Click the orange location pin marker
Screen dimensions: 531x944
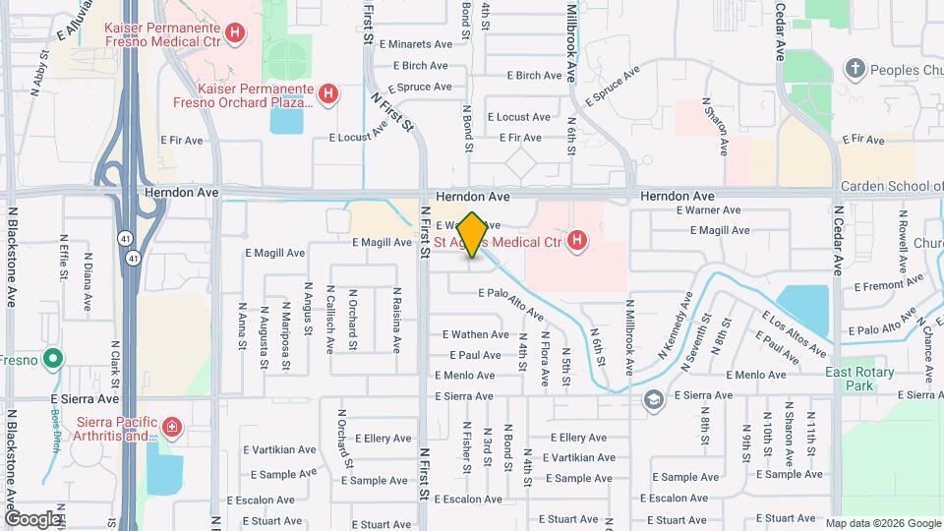(x=472, y=234)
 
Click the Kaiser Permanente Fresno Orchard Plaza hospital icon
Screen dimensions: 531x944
(x=330, y=95)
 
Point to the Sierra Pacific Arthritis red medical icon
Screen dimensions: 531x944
(x=172, y=427)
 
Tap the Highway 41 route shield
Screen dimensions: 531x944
(x=131, y=258)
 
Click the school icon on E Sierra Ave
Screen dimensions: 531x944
(x=654, y=399)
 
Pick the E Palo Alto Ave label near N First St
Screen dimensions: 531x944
(x=511, y=305)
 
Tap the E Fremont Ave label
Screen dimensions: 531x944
(x=885, y=286)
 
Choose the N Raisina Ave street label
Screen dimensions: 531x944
(x=396, y=320)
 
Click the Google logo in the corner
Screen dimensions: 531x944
(x=32, y=518)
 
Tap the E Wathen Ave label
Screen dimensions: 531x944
(x=476, y=335)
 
